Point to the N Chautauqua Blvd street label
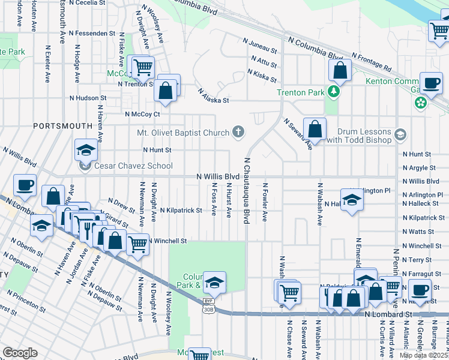coord(247,191)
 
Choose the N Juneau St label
coord(260,46)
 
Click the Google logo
coord(20,353)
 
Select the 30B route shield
coord(208,310)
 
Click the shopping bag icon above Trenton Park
coord(340,71)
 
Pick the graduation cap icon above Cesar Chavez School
coord(86,150)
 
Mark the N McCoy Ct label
coord(142,113)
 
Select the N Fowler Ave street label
coord(264,203)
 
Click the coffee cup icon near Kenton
coord(431,83)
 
